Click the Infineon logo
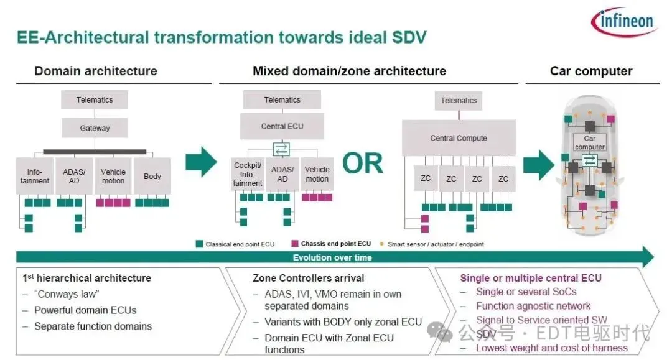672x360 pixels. (623, 22)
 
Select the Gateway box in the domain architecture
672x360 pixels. (95, 128)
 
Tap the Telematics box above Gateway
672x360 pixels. (95, 99)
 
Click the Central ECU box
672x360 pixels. (282, 126)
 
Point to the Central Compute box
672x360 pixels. (459, 138)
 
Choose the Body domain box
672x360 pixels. (152, 177)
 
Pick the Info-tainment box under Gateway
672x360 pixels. (35, 177)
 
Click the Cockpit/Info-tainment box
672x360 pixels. (247, 175)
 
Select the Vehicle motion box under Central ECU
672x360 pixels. (317, 174)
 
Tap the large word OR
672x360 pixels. (363, 164)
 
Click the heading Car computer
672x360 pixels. (590, 71)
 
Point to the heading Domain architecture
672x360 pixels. (96, 71)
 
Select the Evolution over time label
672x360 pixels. (332, 257)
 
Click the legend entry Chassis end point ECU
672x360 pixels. (335, 244)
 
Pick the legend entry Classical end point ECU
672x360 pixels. (240, 244)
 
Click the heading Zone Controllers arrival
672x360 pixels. (308, 278)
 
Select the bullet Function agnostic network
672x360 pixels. (533, 306)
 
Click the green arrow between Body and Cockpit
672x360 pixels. (201, 162)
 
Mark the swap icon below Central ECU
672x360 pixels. (282, 149)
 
